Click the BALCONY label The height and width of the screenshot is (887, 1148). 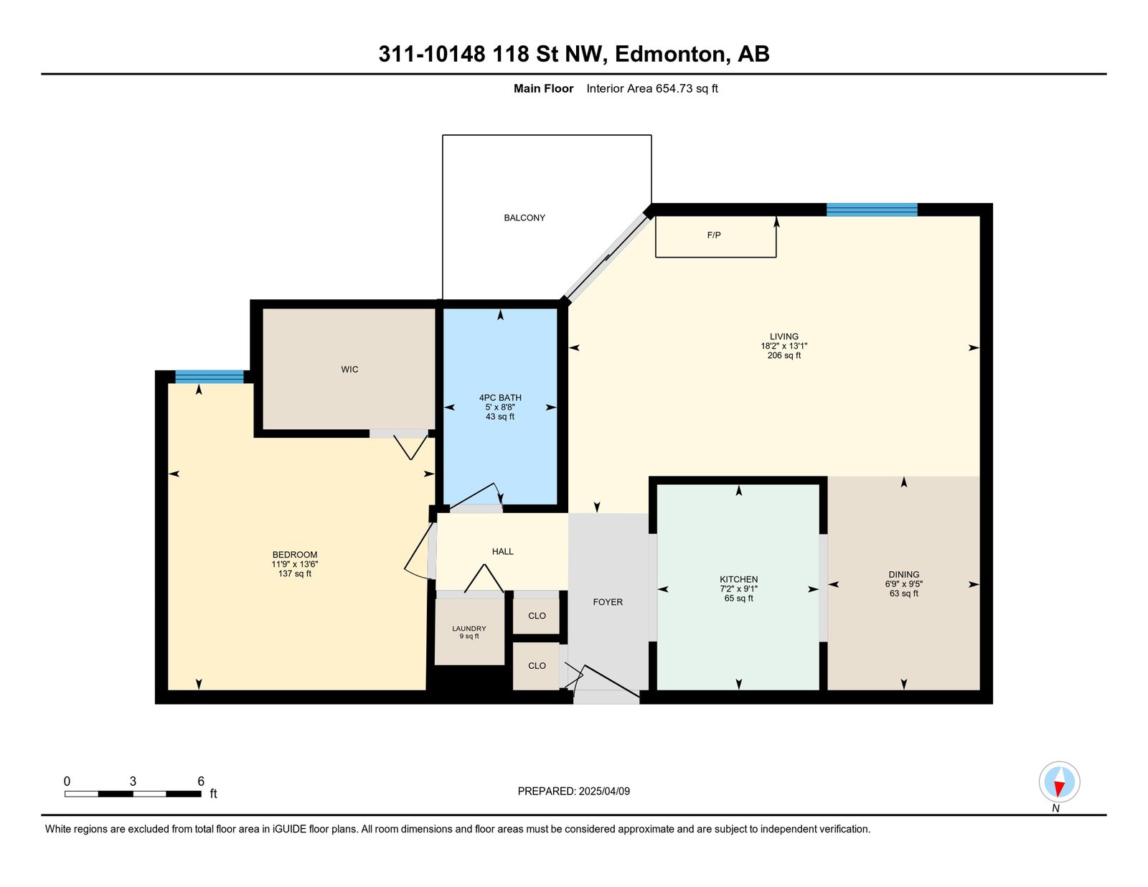pos(524,217)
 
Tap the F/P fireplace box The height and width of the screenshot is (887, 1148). pos(715,236)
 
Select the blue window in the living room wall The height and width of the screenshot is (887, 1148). pos(872,210)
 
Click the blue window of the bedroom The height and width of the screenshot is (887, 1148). pos(210,377)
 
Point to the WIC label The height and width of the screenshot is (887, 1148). pos(349,370)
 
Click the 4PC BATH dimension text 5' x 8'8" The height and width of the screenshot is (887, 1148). pos(500,408)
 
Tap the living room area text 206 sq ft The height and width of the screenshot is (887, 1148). pos(784,355)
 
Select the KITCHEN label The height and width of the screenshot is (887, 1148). pos(738,580)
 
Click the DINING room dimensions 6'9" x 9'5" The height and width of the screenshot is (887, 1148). pos(904,584)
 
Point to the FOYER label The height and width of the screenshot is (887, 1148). pos(608,601)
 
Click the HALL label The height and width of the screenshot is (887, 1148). pos(502,552)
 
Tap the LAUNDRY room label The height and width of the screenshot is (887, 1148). pos(469,629)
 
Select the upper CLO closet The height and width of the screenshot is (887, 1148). pos(536,616)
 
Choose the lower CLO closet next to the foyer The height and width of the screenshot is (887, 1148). pos(536,666)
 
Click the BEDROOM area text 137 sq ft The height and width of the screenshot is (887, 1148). pos(295,573)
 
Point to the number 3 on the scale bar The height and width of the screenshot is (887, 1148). pos(133,782)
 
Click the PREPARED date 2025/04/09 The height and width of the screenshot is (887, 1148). pos(604,792)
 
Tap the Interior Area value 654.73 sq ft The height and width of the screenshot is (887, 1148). pos(687,89)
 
